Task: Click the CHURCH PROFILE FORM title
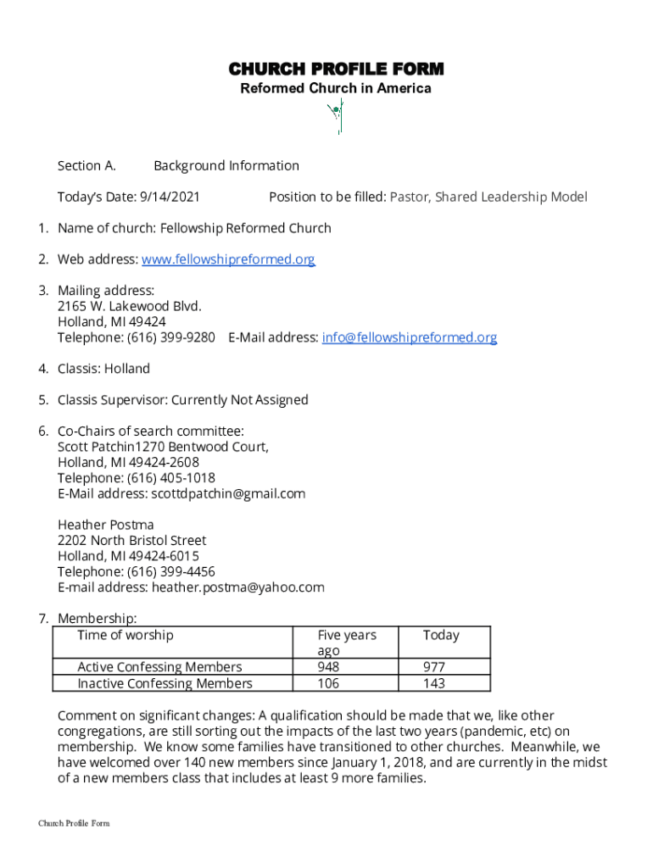tap(335, 69)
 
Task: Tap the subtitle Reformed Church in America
tap(335, 88)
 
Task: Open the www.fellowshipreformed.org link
tap(228, 259)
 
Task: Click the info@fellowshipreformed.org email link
tap(409, 337)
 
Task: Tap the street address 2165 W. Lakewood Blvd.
tap(130, 306)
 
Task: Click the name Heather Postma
tap(106, 525)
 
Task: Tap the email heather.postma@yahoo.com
tap(237, 587)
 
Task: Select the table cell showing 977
tap(434, 667)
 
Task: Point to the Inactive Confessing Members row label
tap(165, 683)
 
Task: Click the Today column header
tap(441, 635)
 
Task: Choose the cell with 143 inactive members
tap(434, 683)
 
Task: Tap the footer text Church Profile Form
tap(74, 823)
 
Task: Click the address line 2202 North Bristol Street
tap(132, 540)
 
